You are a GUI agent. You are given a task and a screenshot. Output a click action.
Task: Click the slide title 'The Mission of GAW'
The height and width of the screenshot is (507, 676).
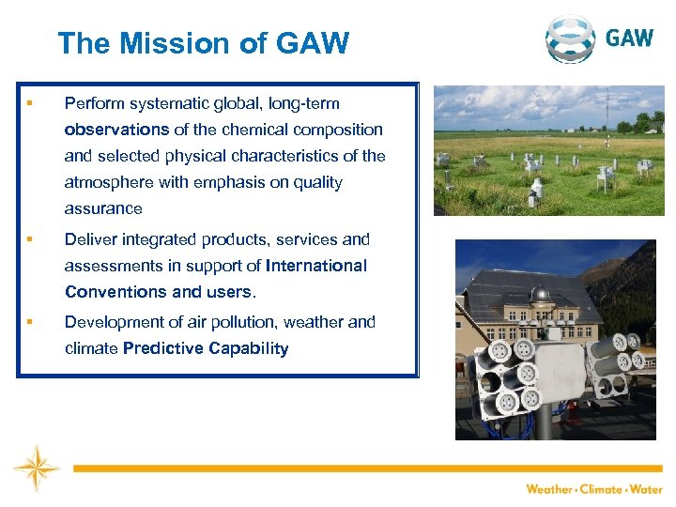203,43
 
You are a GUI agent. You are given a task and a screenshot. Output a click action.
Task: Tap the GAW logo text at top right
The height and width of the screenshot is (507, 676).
629,38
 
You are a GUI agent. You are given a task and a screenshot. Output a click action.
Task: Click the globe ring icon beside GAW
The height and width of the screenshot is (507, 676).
572,38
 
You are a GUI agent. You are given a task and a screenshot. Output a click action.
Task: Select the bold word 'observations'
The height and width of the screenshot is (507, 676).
116,130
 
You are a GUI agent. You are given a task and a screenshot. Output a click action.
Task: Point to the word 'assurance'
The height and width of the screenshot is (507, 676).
103,208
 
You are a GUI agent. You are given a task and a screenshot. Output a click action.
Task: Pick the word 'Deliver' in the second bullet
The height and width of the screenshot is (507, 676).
89,239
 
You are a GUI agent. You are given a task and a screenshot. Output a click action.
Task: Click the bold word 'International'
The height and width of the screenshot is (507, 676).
316,266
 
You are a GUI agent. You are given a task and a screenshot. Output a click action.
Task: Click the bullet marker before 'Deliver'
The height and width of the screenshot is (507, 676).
31,239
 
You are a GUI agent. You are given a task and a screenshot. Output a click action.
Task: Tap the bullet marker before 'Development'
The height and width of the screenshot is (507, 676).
31,322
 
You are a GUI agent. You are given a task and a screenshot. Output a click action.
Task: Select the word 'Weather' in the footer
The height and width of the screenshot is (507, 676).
549,489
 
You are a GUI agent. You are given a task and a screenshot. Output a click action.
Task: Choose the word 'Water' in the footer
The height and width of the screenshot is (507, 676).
645,489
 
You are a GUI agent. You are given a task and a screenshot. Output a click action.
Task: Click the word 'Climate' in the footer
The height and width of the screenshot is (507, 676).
601,489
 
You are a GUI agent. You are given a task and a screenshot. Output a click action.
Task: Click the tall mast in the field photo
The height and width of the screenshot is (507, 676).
607,113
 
